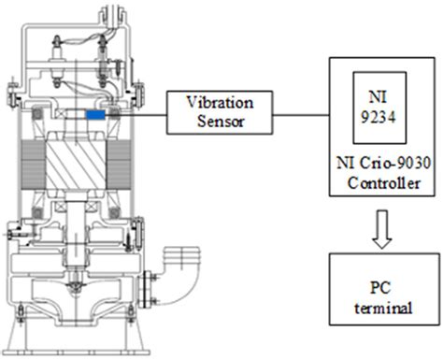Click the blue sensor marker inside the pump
(x=96, y=114)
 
